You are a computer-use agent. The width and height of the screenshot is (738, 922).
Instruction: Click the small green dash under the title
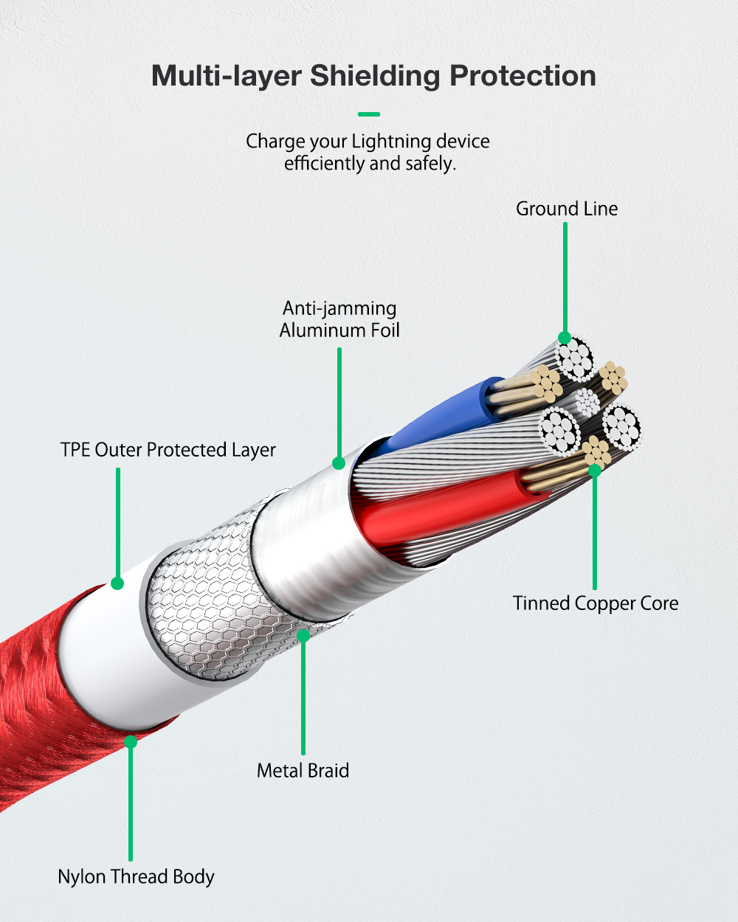coord(369,114)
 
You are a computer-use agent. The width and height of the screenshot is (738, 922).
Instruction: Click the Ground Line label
coord(567,209)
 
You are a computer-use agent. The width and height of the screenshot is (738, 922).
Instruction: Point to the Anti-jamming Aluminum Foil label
coord(339,319)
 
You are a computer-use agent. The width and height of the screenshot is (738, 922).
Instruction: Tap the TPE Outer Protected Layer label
coord(168,450)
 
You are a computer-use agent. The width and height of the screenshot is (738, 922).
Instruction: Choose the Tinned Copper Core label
coord(596,603)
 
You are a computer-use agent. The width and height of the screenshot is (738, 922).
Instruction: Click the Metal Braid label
coord(303,770)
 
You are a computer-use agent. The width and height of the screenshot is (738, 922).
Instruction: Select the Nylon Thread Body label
coord(136,876)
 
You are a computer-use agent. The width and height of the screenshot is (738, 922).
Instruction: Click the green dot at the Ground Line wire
coord(565,338)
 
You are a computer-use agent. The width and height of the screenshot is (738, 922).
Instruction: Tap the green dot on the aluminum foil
coord(339,463)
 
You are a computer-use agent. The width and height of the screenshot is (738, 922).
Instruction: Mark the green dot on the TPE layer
coord(117,583)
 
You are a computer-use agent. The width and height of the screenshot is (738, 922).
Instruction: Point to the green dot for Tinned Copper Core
coord(595,471)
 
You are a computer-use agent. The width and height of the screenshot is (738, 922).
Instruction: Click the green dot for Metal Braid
coord(303,635)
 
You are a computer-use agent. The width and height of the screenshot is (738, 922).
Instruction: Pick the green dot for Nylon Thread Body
coord(131,741)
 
